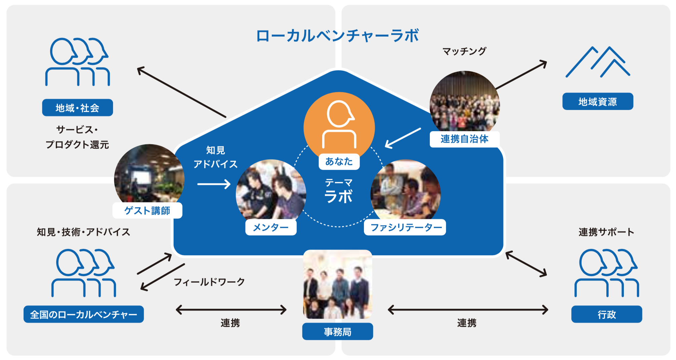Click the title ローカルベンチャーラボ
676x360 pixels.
pos(337,36)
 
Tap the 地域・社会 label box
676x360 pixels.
pos(77,108)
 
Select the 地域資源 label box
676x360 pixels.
pos(598,101)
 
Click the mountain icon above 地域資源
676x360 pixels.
pos(598,62)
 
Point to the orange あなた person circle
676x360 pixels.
pos(339,124)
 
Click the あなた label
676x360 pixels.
pos(339,161)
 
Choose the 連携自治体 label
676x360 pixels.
pos(464,139)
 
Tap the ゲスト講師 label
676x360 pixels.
pos(147,210)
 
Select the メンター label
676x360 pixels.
pos(271,227)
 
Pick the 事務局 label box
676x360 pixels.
pos(337,332)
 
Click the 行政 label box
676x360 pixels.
pos(606,314)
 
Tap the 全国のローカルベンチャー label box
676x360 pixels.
pos(83,314)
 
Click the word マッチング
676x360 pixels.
pos(464,51)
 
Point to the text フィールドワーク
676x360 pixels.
pos(209,282)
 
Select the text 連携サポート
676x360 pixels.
pos(606,232)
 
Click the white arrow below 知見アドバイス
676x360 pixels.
pos(214,184)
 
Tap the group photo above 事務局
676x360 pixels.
pos(338,285)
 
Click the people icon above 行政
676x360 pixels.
pos(606,273)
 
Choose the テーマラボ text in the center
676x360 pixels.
pos(339,192)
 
